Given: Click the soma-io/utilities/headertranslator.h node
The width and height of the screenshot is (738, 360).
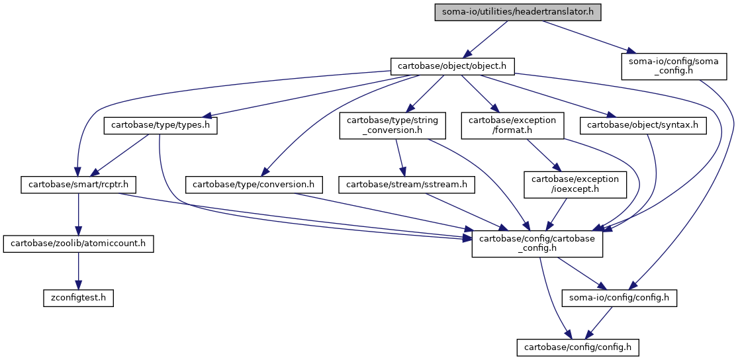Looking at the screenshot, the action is click(518, 11).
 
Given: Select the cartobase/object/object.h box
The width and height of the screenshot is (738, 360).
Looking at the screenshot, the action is click(453, 66).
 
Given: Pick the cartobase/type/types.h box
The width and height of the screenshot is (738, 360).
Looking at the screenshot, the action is click(160, 126).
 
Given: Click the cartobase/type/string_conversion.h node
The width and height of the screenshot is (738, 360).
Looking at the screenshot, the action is click(392, 126).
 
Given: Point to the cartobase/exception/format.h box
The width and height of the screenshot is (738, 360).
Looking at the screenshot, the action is click(512, 126).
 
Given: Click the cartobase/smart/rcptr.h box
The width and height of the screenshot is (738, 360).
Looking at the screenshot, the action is click(78, 185).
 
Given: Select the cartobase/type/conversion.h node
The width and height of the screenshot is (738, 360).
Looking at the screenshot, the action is click(254, 185).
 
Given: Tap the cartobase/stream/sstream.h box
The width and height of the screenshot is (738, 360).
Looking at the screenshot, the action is click(407, 185).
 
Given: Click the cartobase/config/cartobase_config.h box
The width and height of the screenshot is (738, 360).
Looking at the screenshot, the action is click(537, 245).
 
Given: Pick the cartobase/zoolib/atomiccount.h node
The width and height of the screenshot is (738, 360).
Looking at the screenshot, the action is click(78, 245).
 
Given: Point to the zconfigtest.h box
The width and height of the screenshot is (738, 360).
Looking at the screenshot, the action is click(78, 298).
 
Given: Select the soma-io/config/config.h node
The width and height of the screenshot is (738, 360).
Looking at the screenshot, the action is click(620, 298).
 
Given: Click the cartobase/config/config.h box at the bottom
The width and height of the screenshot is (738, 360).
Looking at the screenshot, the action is click(578, 347).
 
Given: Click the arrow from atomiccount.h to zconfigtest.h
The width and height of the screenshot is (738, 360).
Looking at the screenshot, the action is click(78, 271).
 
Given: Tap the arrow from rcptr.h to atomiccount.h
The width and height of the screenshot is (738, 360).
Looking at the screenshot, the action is click(78, 215).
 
